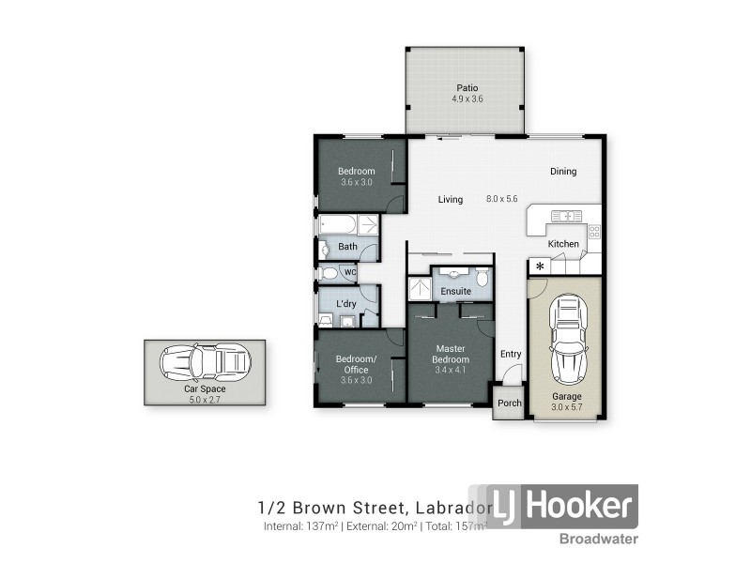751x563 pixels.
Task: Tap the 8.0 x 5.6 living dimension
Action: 501,199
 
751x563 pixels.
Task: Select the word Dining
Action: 563,172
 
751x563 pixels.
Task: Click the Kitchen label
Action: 563,244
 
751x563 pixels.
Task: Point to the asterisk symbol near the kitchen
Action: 539,267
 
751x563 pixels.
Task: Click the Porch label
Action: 509,403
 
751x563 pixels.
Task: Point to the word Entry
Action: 511,354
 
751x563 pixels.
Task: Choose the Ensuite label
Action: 456,292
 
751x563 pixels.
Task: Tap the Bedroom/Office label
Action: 357,364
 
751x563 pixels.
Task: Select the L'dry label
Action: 345,304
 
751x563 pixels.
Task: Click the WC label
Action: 350,273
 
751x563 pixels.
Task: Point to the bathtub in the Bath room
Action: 337,225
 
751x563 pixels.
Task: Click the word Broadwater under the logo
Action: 599,539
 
